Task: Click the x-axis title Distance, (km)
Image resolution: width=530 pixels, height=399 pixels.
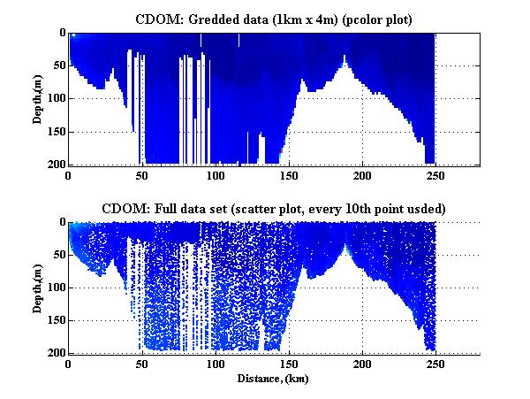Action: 275,378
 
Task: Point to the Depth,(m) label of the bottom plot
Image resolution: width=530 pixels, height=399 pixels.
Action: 39,288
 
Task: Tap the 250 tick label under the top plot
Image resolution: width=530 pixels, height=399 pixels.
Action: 435,176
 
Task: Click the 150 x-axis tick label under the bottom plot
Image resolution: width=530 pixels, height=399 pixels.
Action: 289,364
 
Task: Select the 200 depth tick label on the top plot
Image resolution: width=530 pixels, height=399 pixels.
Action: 56,165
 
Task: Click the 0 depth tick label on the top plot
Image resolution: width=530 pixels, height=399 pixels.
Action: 61,33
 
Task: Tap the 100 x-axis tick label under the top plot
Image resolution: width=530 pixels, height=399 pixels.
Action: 216,176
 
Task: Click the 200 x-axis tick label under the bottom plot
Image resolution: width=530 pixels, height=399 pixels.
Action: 362,364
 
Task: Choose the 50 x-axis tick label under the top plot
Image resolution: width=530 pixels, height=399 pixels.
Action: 142,176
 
